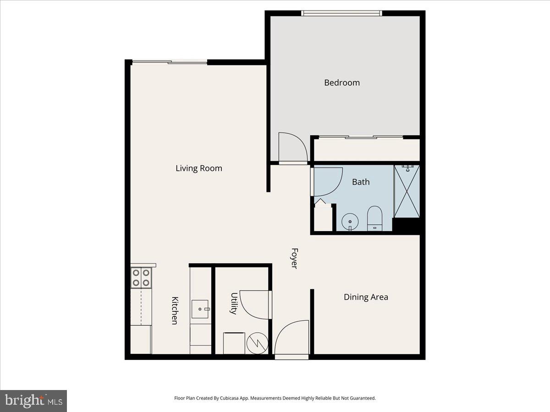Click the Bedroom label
tap(342, 83)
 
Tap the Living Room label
tap(199, 168)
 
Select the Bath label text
tap(361, 182)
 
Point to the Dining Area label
tap(366, 297)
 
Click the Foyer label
tap(295, 258)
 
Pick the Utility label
tap(234, 304)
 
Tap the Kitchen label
tap(174, 310)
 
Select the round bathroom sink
tap(351, 222)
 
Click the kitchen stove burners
tap(141, 277)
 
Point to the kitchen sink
tap(200, 309)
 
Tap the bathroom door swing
tap(327, 181)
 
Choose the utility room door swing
tap(254, 304)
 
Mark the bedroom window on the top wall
tap(342, 13)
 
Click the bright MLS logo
tap(33, 401)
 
